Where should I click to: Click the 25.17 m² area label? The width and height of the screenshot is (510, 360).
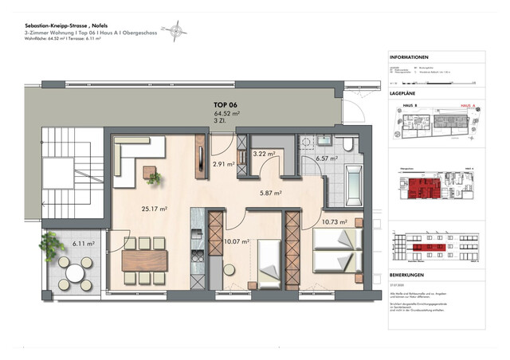(x=154, y=209)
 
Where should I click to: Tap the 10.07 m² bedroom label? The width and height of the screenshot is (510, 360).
(x=237, y=241)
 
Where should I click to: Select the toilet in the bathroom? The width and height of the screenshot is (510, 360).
(x=349, y=144)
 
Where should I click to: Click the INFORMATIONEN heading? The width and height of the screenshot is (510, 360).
(x=410, y=58)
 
